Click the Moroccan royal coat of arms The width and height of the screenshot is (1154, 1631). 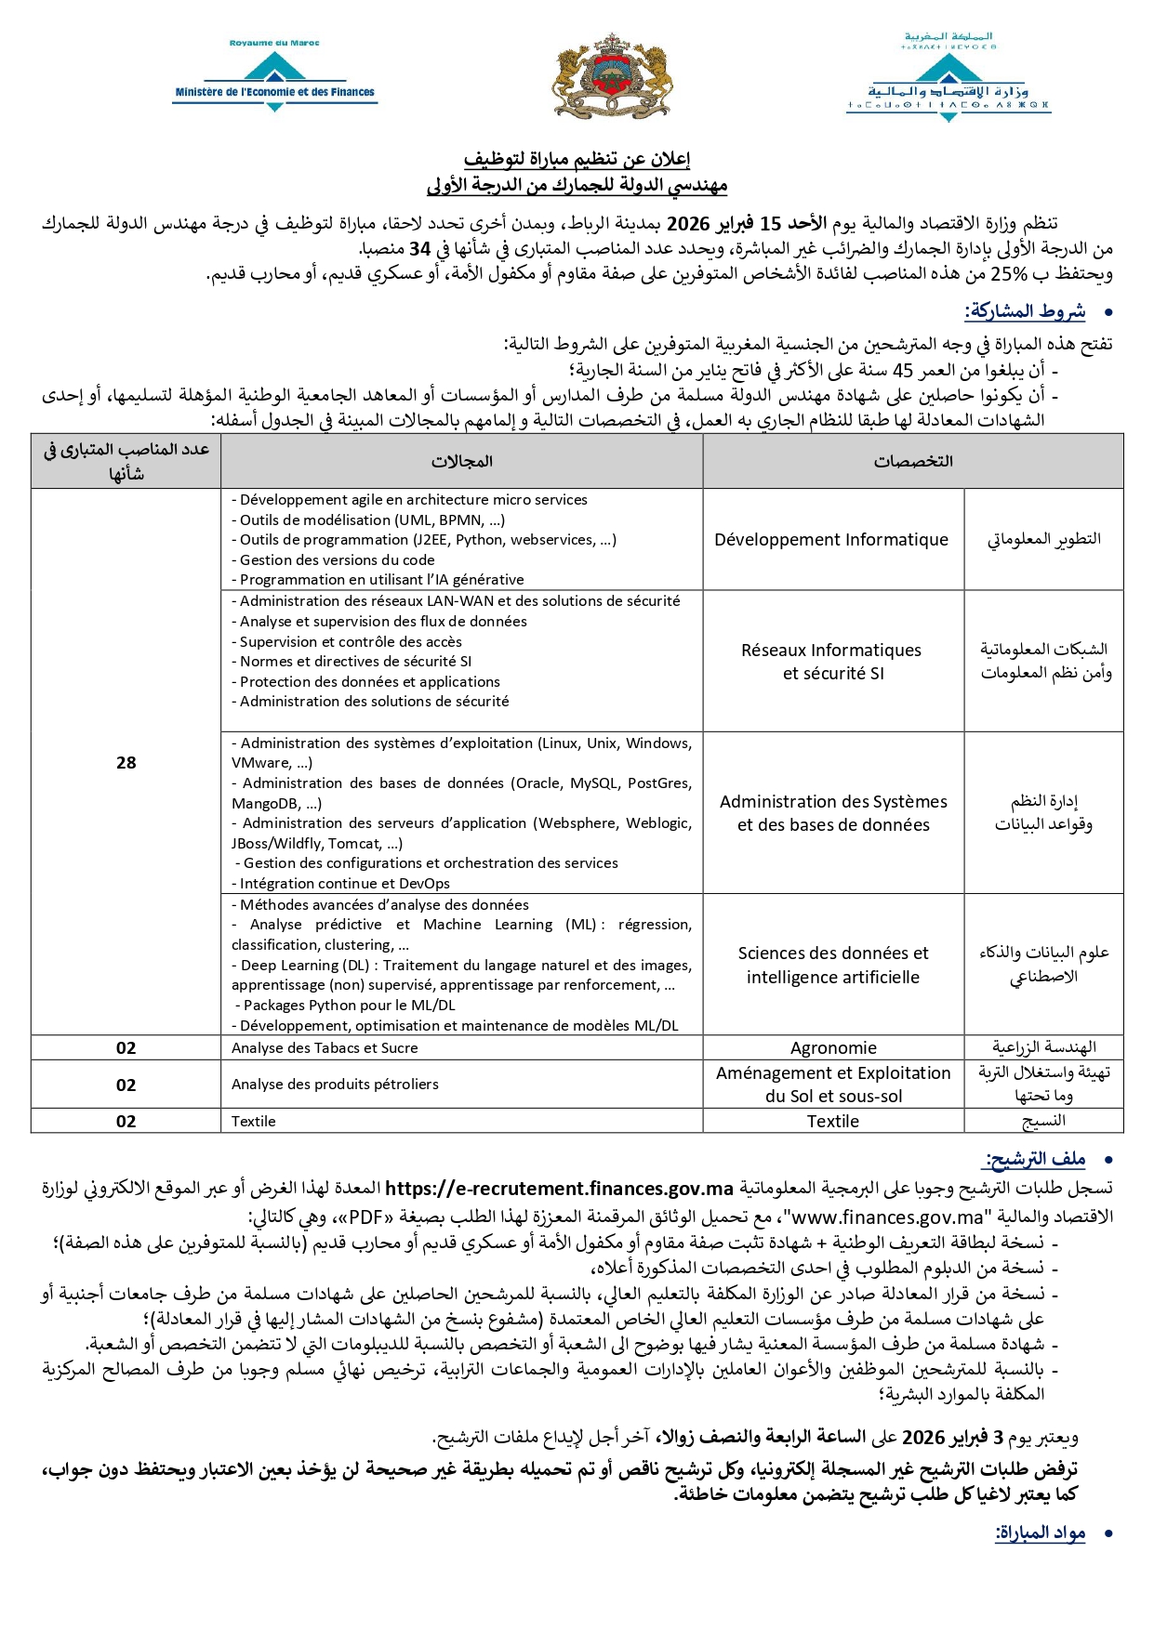611,76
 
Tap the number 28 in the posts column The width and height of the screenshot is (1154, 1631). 126,763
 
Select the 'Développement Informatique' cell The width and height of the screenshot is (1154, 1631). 831,540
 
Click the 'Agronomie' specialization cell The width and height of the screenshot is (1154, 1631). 833,1048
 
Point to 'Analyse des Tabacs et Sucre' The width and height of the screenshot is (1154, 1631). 325,1048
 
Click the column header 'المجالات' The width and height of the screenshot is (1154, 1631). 461,462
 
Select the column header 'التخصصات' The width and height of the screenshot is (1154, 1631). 912,462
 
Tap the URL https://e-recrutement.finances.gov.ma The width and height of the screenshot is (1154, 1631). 559,1189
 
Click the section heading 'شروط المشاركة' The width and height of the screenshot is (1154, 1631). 1025,311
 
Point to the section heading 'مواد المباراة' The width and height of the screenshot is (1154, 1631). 1040,1532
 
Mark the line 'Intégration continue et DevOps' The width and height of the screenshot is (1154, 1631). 344,884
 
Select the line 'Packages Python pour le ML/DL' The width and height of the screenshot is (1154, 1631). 349,1006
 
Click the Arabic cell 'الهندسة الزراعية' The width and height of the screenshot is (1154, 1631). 1043,1048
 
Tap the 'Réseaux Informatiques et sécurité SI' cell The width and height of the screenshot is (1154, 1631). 831,662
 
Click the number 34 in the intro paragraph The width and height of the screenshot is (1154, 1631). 419,249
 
